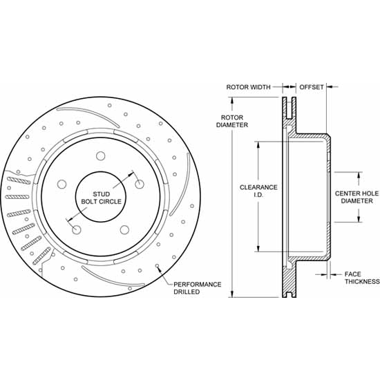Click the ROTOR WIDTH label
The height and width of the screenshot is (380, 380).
tap(248, 87)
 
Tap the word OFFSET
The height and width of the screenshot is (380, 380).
tap(312, 87)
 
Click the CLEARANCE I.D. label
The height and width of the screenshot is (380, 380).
tap(258, 191)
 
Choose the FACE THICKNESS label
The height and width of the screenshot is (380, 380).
tap(361, 278)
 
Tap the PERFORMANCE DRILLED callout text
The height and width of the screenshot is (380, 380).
tap(197, 288)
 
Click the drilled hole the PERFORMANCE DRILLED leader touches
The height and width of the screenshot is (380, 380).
tap(158, 267)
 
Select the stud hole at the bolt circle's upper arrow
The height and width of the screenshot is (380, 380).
tap(139, 184)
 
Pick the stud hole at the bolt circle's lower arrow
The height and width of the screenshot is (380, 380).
tap(76, 229)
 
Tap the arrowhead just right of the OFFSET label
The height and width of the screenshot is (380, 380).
tap(330, 87)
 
